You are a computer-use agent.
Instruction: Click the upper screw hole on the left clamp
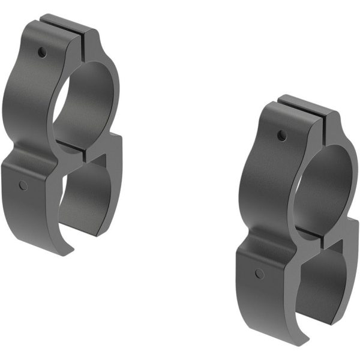coord(41,53)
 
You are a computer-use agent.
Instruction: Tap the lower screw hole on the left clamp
coord(23,185)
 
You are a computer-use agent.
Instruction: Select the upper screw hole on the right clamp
coord(281,136)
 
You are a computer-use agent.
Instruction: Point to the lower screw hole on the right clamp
coord(259,274)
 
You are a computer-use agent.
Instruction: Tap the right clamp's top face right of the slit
coord(334,119)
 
